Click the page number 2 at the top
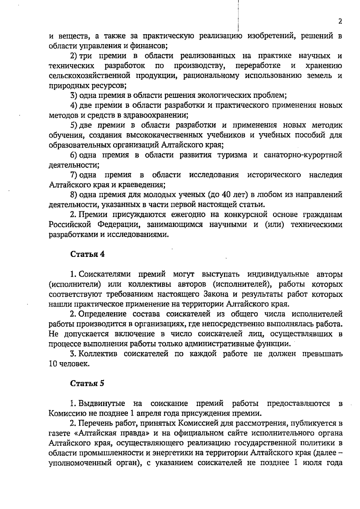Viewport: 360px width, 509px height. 340,21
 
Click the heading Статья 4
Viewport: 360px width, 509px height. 88,254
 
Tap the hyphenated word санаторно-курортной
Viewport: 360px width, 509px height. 303,155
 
